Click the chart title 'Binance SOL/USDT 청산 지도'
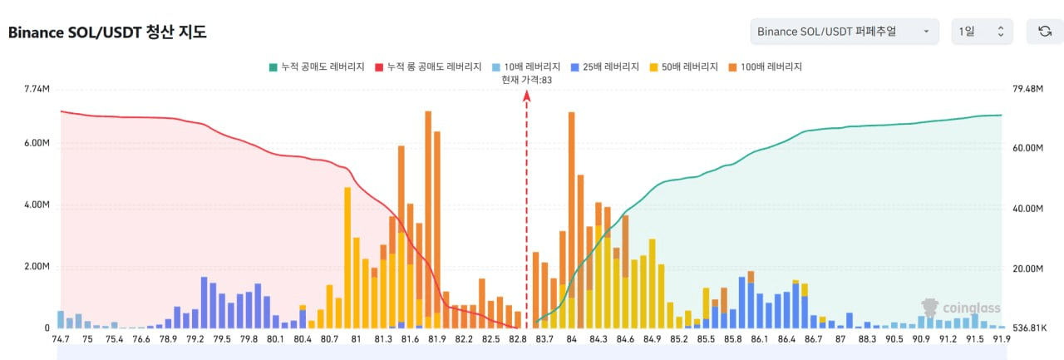pyautogui.click(x=107, y=32)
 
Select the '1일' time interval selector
pyautogui.click(x=982, y=32)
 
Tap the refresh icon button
pyautogui.click(x=1045, y=32)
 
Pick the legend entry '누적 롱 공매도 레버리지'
pyautogui.click(x=426, y=67)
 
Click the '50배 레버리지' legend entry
pyautogui.click(x=686, y=67)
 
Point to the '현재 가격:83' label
pyautogui.click(x=526, y=80)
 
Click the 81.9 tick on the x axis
pyautogui.click(x=437, y=339)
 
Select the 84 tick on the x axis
pyautogui.click(x=572, y=339)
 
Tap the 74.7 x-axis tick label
pyautogui.click(x=61, y=339)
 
